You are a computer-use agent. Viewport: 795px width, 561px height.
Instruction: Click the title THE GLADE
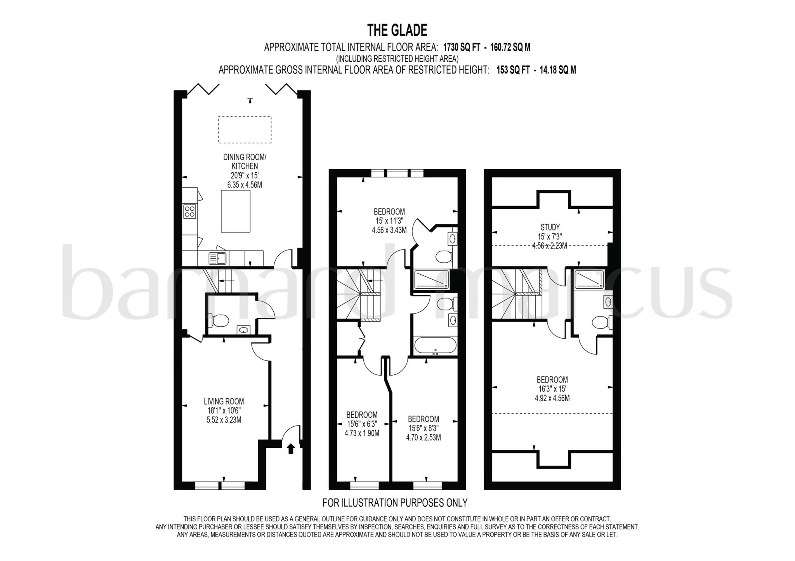[397, 30]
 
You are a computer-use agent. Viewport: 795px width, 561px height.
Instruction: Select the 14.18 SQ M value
[557, 70]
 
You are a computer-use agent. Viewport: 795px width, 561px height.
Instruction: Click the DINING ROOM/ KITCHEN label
[245, 162]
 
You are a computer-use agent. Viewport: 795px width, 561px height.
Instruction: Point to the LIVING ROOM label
[224, 402]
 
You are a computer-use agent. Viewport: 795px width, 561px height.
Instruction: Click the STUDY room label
[550, 227]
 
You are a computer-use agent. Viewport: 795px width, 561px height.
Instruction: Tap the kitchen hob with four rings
[190, 211]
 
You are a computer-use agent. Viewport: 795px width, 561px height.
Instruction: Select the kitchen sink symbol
[218, 258]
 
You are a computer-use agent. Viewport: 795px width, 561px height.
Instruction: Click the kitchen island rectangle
[235, 211]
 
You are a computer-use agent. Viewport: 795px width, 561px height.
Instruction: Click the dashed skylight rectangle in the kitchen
[245, 130]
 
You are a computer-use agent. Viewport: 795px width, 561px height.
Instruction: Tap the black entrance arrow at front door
[291, 449]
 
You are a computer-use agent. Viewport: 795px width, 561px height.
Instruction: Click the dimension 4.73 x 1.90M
[362, 433]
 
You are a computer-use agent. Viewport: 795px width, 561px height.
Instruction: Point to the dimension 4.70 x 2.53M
[424, 438]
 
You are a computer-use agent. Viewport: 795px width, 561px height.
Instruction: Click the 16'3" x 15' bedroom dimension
[552, 389]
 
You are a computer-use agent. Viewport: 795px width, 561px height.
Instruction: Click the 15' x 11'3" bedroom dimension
[389, 221]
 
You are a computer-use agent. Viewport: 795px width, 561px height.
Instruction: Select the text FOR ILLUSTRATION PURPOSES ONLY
[395, 503]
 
